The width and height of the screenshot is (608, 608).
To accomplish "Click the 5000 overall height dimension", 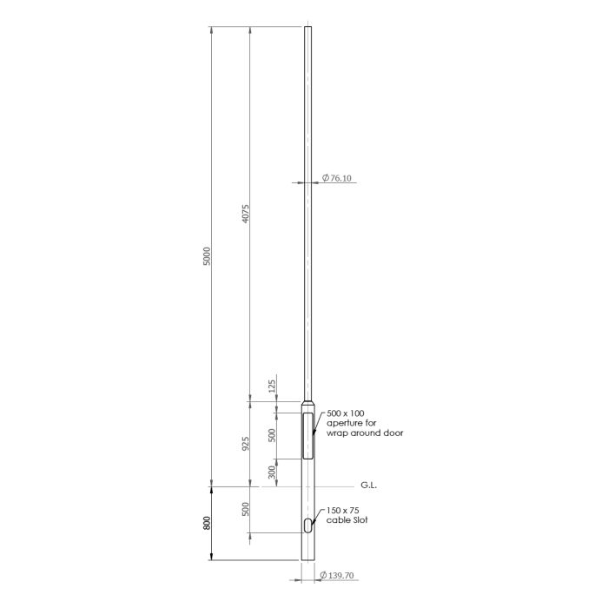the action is (x=207, y=256).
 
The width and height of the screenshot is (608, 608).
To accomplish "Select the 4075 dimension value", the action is (x=246, y=214).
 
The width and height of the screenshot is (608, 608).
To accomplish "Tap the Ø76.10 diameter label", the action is (x=337, y=178).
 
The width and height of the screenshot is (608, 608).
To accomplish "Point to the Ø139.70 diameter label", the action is (x=337, y=575).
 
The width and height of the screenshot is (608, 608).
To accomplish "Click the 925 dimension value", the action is (x=246, y=444).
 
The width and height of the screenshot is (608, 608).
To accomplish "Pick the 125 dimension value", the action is (x=272, y=387).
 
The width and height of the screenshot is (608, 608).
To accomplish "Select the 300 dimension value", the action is (x=272, y=473).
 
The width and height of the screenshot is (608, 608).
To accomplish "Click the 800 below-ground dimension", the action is (x=207, y=523).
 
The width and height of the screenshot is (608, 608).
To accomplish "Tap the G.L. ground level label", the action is (x=369, y=485).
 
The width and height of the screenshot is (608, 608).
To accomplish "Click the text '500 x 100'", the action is (x=346, y=413).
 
